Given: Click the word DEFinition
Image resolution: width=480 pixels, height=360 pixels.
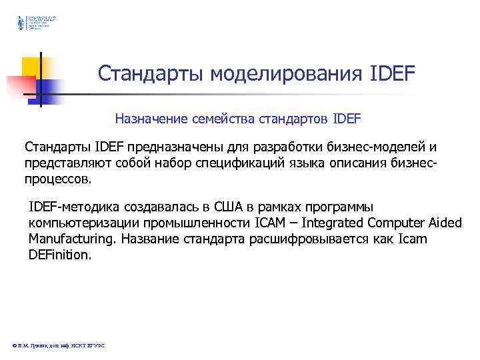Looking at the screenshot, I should tap(59, 255).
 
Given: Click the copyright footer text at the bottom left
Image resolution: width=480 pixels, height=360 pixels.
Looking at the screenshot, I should tap(59, 345).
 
